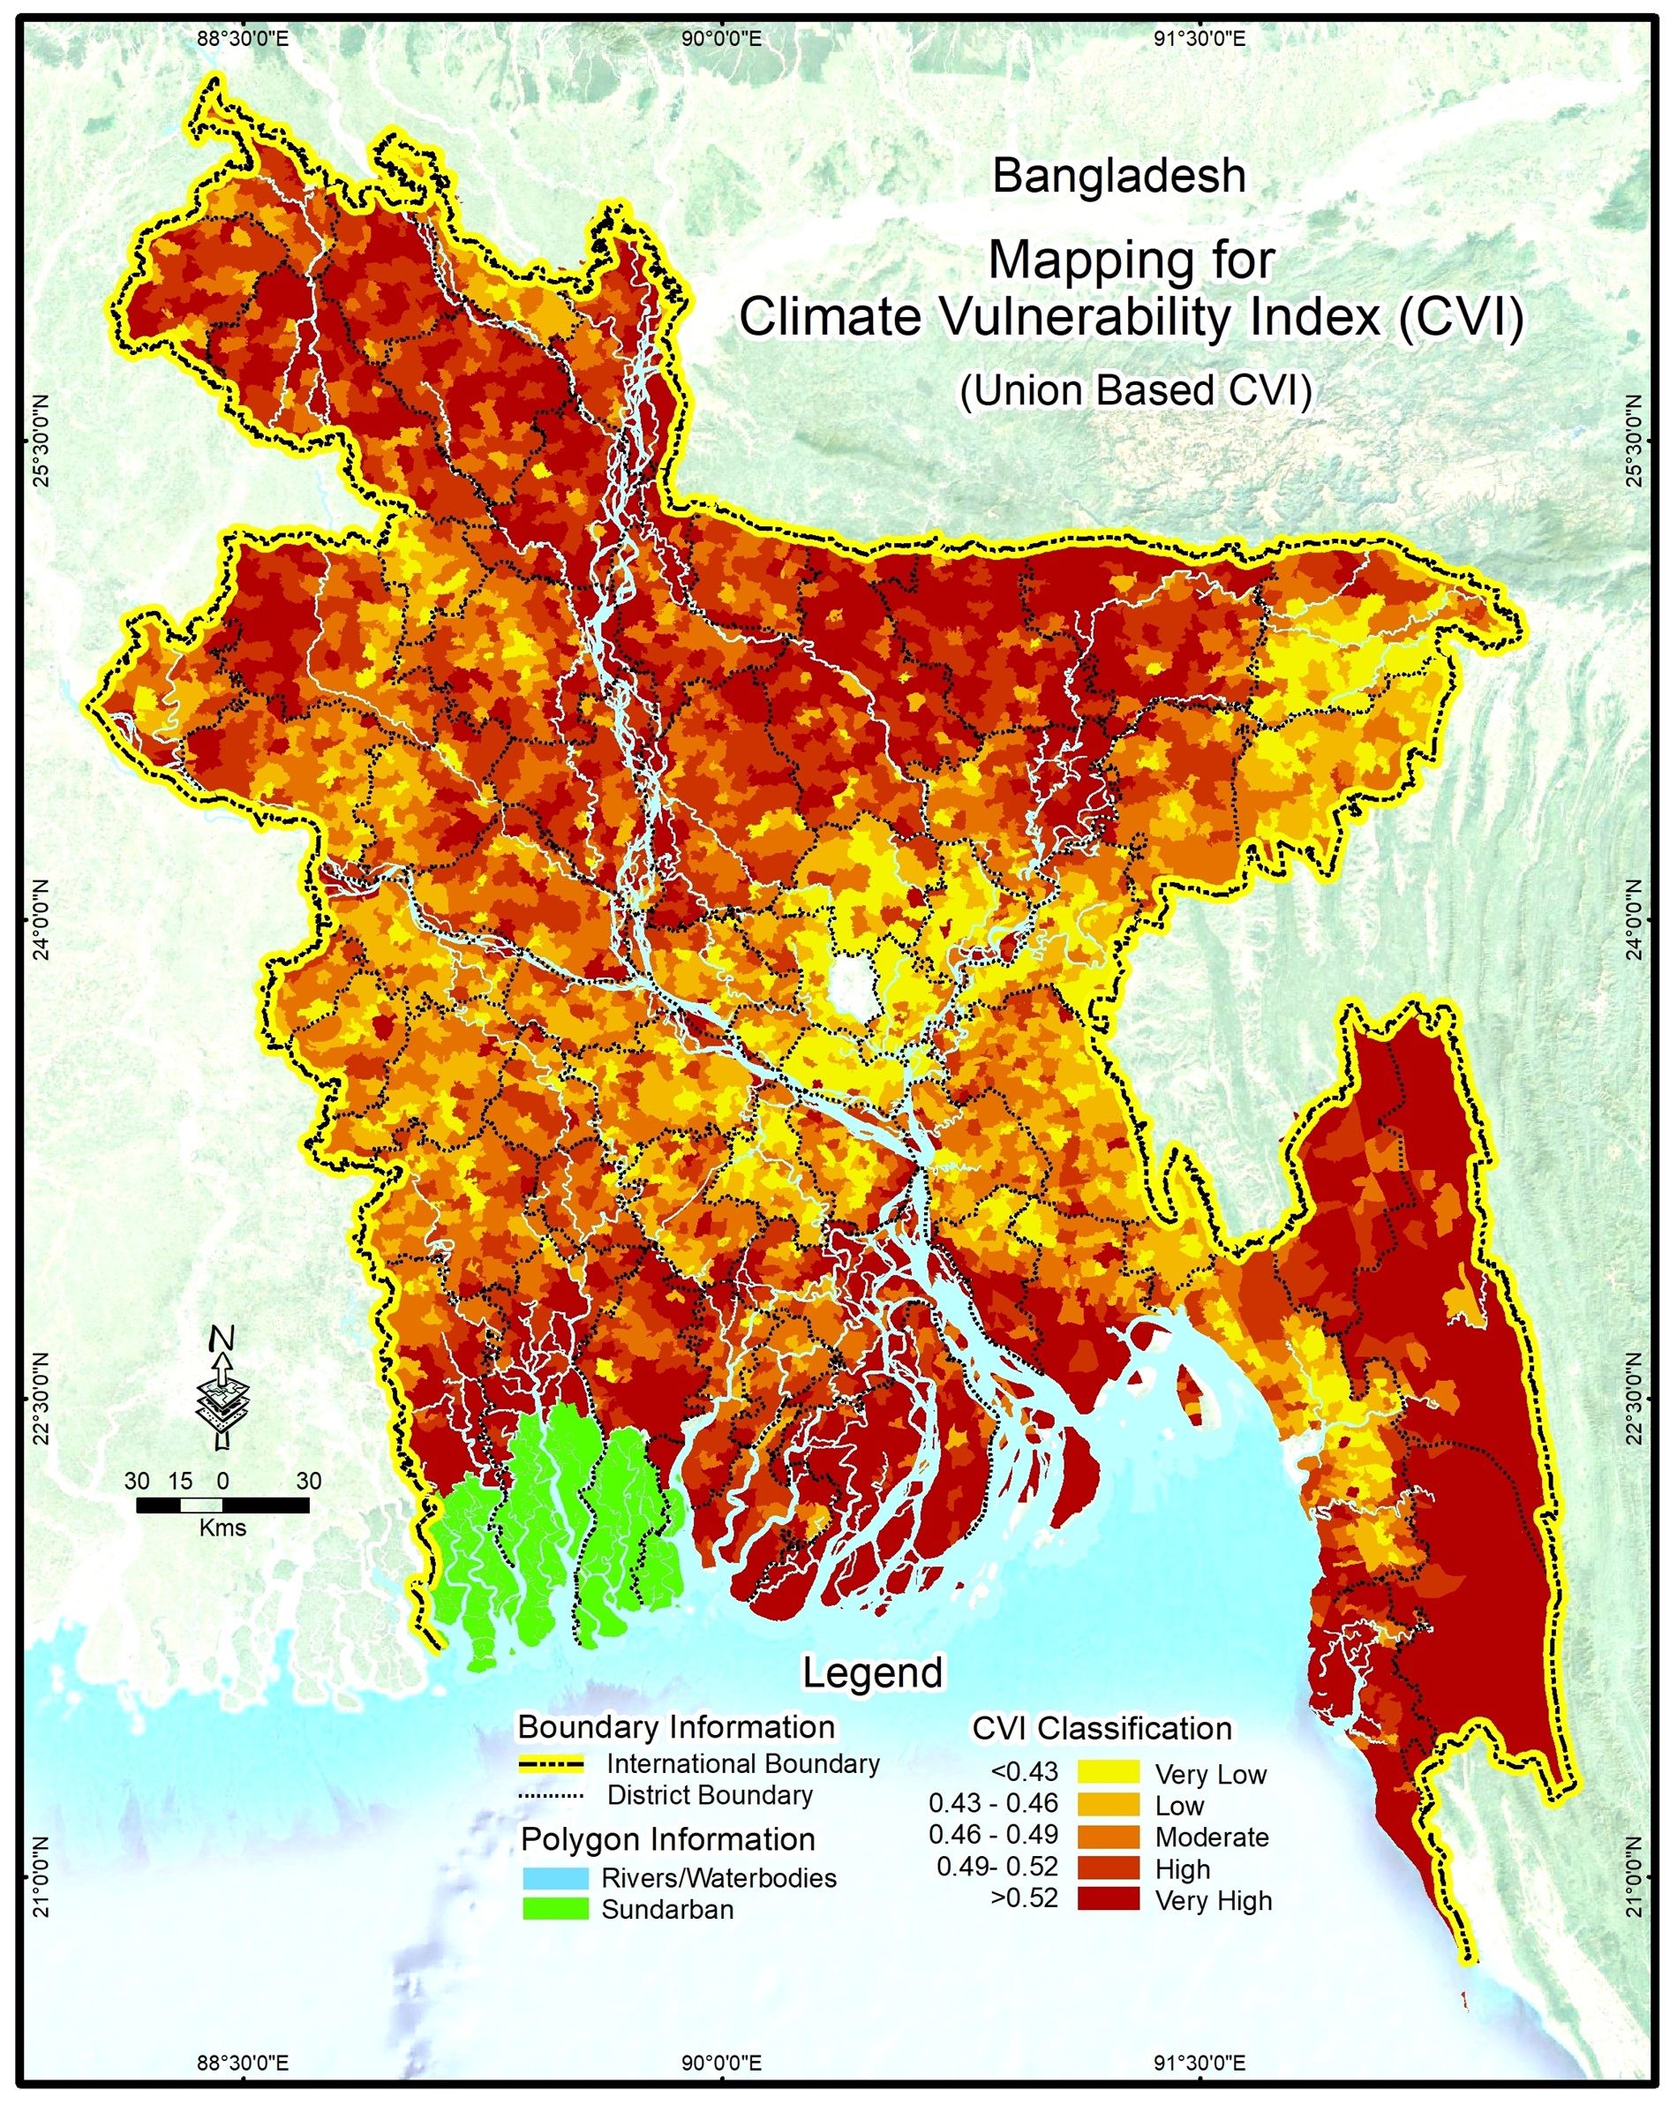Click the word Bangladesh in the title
(x=1119, y=177)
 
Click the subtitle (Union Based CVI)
(x=1136, y=390)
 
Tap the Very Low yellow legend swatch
(x=1109, y=1772)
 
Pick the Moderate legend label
(x=1212, y=1837)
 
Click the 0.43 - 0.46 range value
(x=994, y=1804)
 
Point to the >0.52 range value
(x=1025, y=1898)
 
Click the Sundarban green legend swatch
(x=555, y=1909)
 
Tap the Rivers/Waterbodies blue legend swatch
(x=555, y=1877)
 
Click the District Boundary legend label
(x=710, y=1795)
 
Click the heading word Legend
(x=872, y=1672)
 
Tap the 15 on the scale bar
(x=180, y=1481)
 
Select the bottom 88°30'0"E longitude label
(x=243, y=2058)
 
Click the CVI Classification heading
(x=1101, y=1727)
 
